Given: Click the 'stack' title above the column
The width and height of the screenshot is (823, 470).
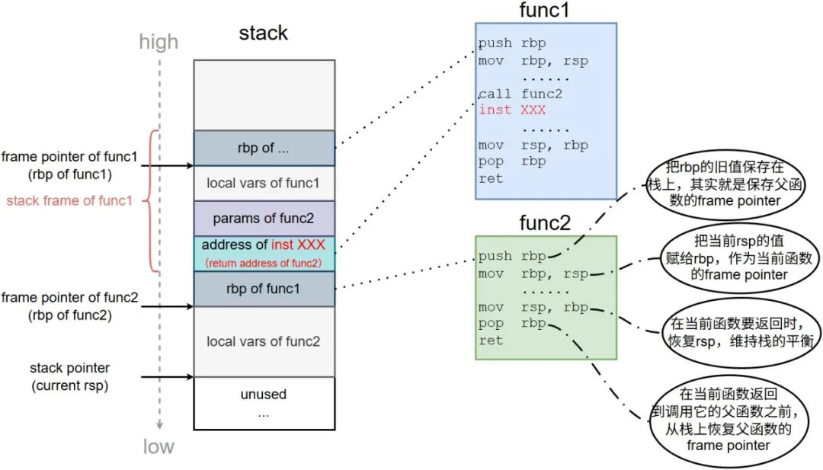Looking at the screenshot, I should coord(264,34).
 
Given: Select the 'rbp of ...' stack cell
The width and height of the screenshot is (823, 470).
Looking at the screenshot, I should coord(264,148).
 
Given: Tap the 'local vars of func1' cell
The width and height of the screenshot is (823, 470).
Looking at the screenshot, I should coord(264,184).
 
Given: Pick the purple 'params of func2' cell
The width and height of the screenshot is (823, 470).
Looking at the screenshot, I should coord(264,219).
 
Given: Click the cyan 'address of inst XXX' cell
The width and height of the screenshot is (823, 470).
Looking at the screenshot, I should coord(264,253).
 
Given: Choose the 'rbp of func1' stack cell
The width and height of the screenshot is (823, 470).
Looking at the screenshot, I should coord(264,289).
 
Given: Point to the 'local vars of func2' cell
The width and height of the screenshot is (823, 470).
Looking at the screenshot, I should coord(264,341).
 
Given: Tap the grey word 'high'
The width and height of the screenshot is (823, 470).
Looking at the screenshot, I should coord(159,42).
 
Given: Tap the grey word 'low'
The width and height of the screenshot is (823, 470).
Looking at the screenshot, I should coord(159,446).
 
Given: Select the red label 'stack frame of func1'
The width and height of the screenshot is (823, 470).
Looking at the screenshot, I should coord(69,202).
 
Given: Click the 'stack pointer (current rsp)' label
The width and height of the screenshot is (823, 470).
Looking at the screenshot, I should coord(69,377).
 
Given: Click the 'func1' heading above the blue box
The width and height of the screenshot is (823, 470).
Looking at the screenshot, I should coord(545,11).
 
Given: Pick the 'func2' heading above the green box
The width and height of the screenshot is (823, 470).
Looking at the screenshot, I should coord(545,223).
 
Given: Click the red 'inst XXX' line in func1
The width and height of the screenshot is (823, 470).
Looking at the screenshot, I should coord(512,110).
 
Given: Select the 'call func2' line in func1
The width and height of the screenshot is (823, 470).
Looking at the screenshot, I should coord(520,94).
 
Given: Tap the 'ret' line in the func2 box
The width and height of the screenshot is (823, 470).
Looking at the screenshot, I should coord(491,341).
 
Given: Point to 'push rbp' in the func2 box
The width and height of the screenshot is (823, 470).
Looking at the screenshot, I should coord(512,257).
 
